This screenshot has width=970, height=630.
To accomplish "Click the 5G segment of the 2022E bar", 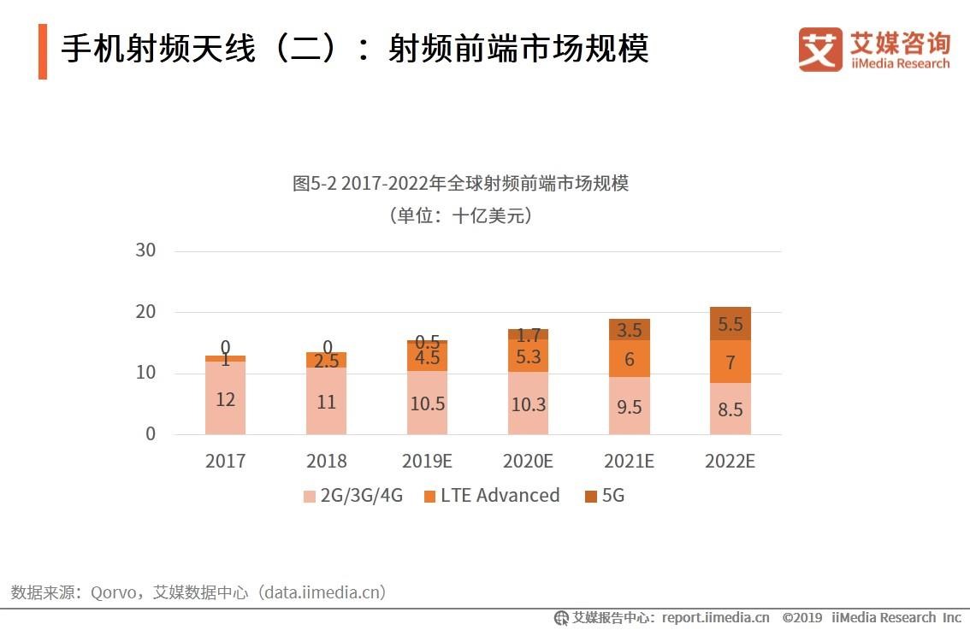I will [x=730, y=323].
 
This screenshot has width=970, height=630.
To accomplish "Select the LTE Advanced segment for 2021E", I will [x=629, y=359].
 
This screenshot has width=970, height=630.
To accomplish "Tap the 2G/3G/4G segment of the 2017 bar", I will [x=225, y=397].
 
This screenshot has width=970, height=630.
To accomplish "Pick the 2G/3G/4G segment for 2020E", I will [x=528, y=403].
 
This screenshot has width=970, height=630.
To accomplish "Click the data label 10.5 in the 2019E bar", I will [x=427, y=404].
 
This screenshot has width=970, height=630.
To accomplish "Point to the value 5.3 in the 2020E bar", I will [x=528, y=356].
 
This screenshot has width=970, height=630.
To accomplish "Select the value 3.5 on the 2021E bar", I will [x=629, y=330].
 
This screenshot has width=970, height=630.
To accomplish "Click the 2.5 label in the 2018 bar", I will [x=326, y=361].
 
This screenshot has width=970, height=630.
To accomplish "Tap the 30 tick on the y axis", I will [x=145, y=250].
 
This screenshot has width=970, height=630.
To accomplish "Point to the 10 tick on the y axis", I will [x=145, y=373].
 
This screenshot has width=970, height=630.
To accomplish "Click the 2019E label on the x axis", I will [x=427, y=462].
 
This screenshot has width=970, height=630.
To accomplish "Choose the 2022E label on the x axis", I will [x=730, y=462].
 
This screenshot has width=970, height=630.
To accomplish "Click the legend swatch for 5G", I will [x=591, y=497].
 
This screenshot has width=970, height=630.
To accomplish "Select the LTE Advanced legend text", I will [x=500, y=496].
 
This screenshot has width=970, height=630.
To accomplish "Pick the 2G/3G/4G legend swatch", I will [x=310, y=497].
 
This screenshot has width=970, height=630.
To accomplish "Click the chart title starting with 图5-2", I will [x=460, y=184].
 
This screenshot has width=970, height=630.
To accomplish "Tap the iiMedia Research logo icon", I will [x=819, y=49].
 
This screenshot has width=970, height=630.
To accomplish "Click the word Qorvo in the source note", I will [x=115, y=592].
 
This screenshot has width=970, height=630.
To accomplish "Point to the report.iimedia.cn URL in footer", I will [x=715, y=617].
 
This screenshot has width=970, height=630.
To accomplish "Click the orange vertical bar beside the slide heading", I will [x=43, y=51].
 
